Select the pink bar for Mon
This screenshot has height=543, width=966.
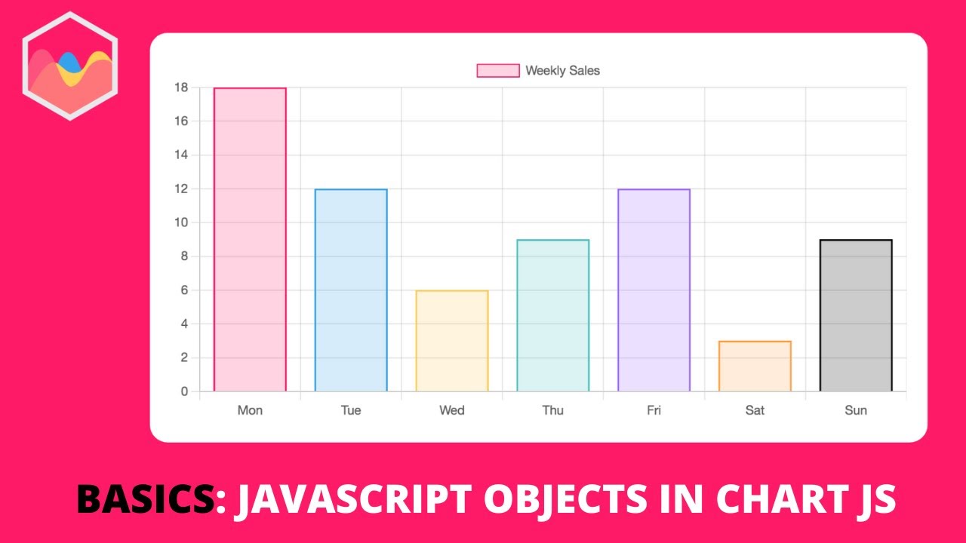tap(250, 240)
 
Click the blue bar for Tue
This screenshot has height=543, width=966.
tap(351, 290)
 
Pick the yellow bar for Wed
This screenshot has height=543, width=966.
tap(452, 341)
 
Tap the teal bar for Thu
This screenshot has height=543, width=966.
tap(553, 315)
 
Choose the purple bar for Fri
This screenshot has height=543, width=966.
tap(654, 290)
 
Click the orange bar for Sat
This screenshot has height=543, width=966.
tap(755, 367)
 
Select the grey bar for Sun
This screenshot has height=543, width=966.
tap(856, 315)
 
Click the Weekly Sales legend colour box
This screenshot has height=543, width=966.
tap(498, 70)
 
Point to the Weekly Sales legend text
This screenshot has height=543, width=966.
tap(562, 70)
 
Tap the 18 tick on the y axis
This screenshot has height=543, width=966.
tap(180, 87)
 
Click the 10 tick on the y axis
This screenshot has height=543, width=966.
tap(180, 222)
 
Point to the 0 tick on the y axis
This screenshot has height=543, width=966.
tap(183, 391)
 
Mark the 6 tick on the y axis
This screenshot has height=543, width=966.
tap(183, 290)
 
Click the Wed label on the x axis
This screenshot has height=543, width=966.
tap(452, 410)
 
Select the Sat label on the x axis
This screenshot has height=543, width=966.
tap(755, 410)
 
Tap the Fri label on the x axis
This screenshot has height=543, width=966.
tap(654, 410)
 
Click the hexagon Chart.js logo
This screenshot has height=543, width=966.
tap(69, 66)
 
